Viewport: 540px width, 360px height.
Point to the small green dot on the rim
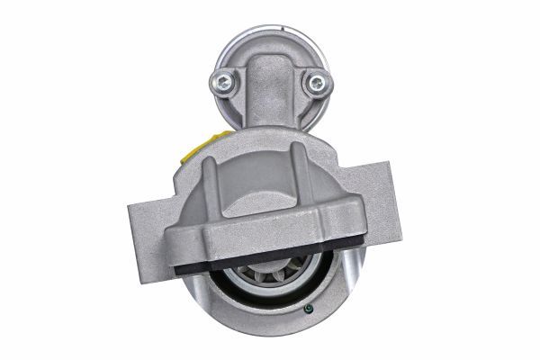tap(309, 312)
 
